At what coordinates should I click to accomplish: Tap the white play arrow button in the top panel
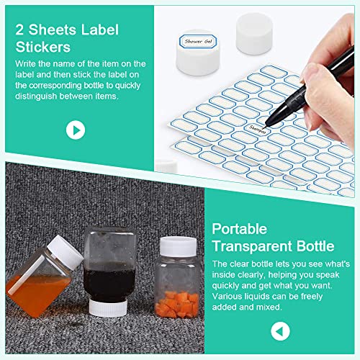pyautogui.click(x=75, y=130)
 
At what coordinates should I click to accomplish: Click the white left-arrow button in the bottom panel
pyautogui.click(x=281, y=331)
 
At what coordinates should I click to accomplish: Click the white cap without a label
pyautogui.click(x=255, y=35)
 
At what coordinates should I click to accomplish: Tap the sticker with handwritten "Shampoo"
pyautogui.click(x=257, y=130)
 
